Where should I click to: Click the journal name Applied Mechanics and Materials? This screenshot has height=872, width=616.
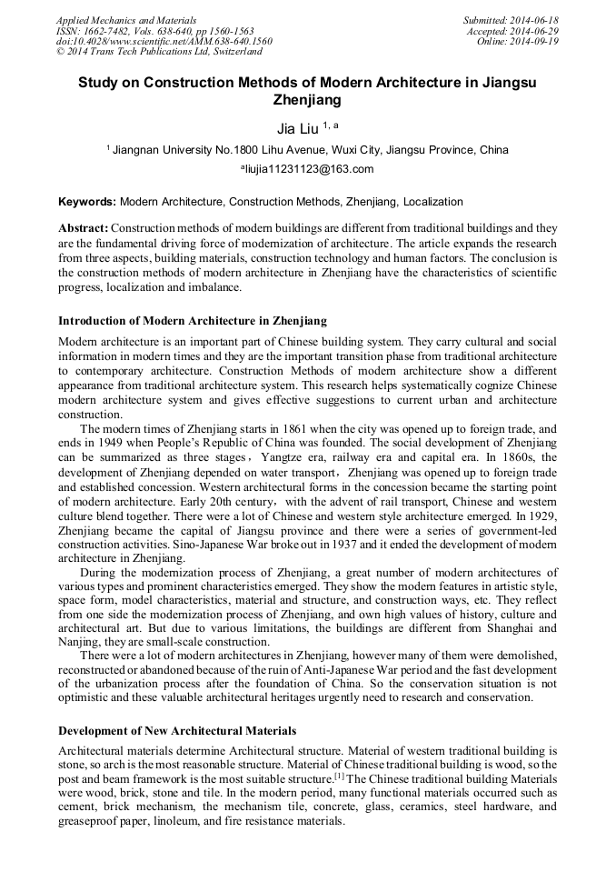(125, 19)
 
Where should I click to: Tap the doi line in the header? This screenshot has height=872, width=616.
(164, 41)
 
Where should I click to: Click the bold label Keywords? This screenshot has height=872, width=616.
(86, 202)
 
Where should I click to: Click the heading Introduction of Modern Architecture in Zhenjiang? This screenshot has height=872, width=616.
(192, 321)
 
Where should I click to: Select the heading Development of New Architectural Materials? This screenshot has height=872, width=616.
(176, 731)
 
